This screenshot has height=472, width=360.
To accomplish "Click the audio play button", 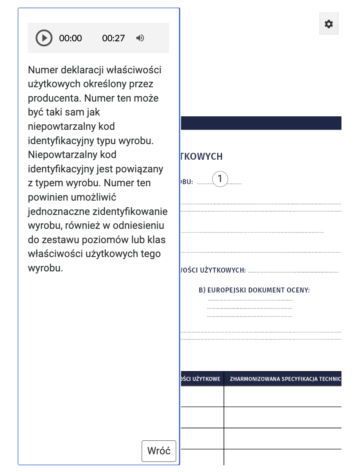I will [x=44, y=38].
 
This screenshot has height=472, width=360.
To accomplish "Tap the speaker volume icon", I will [x=140, y=38].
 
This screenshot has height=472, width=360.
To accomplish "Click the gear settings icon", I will [x=329, y=24].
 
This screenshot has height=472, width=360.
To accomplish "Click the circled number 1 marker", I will [x=220, y=179].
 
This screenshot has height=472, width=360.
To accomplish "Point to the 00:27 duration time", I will [x=113, y=38].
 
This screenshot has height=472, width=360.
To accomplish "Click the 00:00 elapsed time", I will [x=70, y=38].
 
